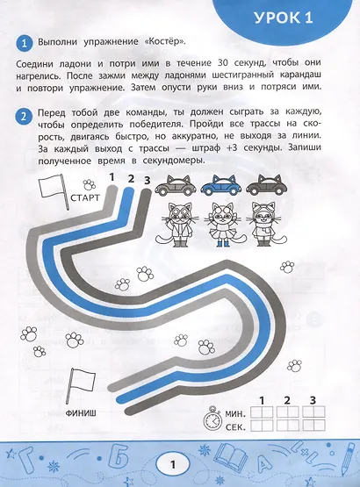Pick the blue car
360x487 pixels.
click(221, 186)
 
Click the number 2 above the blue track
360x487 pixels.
click(130, 181)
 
